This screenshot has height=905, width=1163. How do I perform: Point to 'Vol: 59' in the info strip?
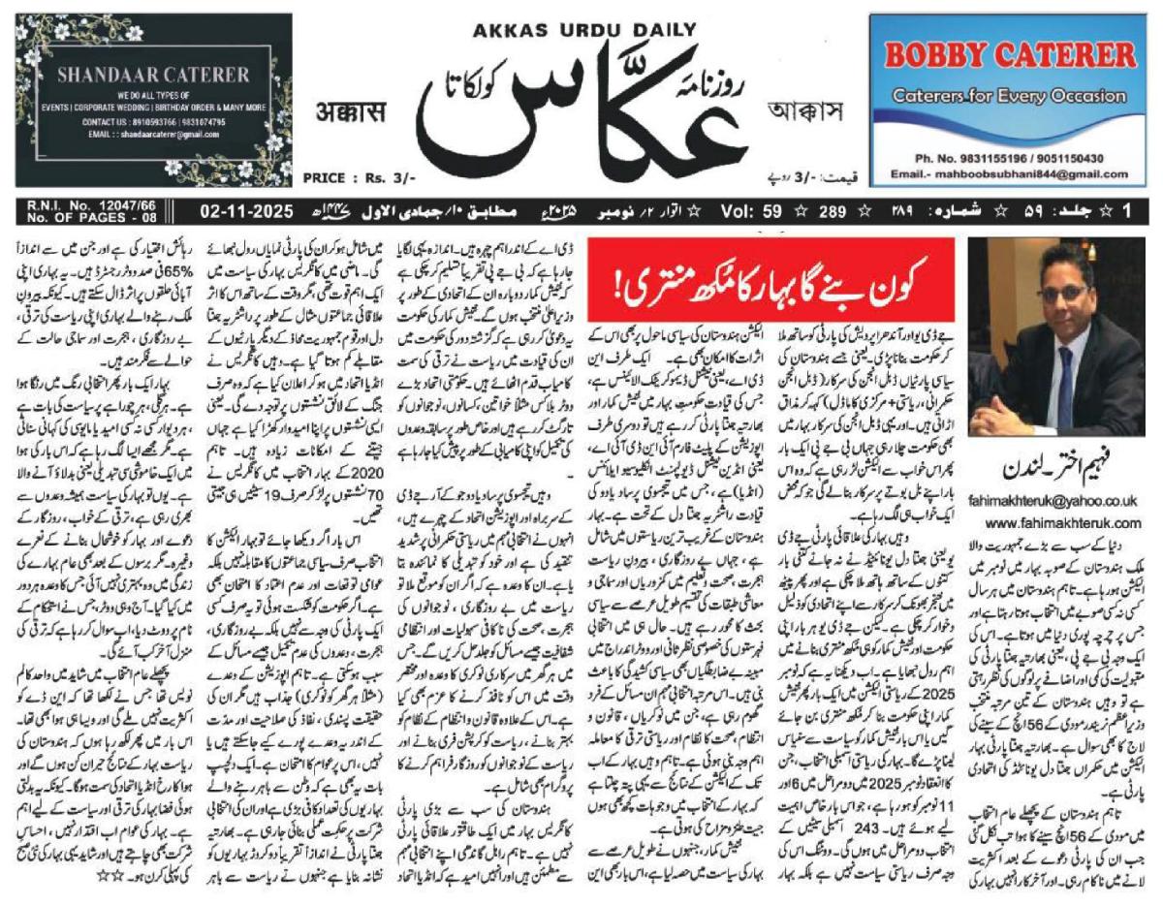coord(747,208)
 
